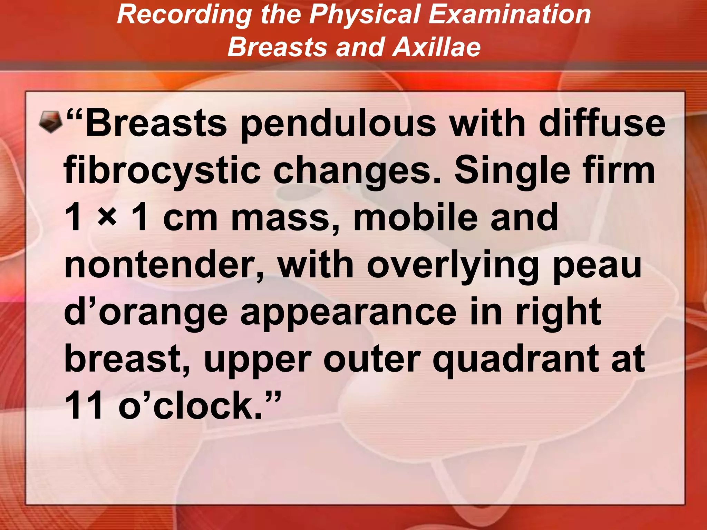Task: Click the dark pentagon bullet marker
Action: [x=50, y=121]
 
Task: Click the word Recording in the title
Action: [x=185, y=14]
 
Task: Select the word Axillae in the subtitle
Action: [x=436, y=47]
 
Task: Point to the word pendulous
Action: [x=338, y=124]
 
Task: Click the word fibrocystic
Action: [x=162, y=171]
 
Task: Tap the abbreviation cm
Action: [x=190, y=218]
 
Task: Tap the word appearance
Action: [x=349, y=313]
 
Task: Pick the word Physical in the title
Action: [x=365, y=14]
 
